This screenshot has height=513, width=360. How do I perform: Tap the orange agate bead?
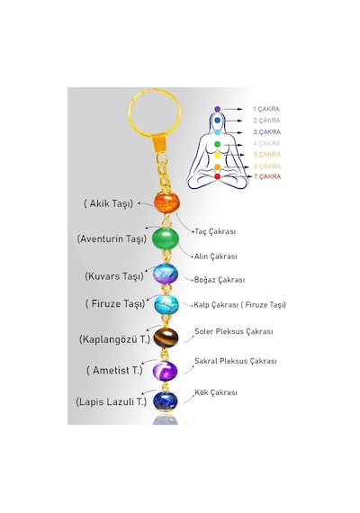(166, 202)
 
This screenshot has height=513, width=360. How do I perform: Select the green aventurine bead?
(166, 238)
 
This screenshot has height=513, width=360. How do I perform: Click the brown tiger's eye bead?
(166, 337)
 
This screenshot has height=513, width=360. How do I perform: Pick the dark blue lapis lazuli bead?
(166, 400)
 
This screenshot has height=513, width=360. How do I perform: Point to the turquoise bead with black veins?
(166, 304)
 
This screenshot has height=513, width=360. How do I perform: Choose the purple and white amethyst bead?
(166, 371)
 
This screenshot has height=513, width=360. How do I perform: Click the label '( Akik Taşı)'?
(108, 203)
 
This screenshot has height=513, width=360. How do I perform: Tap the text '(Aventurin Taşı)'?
(112, 238)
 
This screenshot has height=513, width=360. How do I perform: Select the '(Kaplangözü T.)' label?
(114, 339)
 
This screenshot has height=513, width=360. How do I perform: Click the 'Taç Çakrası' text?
(215, 231)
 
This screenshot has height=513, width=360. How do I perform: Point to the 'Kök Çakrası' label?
(216, 392)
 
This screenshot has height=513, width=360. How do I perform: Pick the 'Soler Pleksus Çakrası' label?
(234, 331)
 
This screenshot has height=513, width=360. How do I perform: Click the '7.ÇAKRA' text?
(267, 176)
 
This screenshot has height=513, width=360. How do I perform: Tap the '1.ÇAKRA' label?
(266, 109)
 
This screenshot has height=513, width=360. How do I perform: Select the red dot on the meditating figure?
(217, 176)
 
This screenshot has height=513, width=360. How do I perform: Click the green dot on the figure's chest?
(217, 144)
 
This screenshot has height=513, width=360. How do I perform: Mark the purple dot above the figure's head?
(217, 109)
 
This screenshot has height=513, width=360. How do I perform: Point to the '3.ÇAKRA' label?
(267, 131)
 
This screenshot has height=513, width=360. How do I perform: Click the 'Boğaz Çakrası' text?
(220, 280)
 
